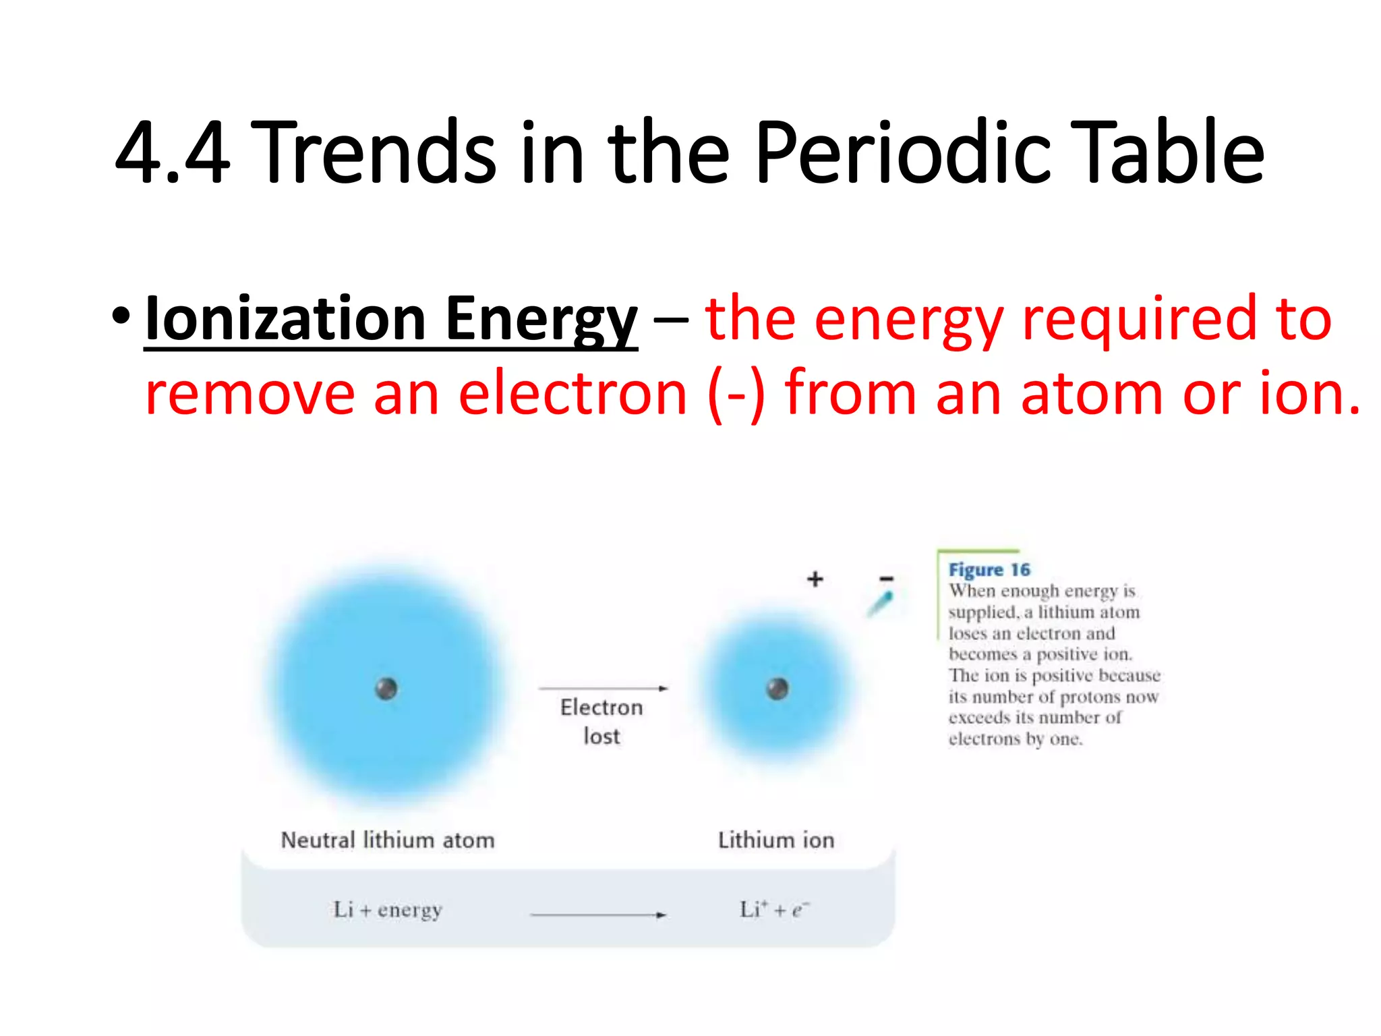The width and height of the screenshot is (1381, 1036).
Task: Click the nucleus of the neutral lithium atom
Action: coord(386,689)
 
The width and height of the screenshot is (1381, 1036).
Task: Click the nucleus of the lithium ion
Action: coord(777,689)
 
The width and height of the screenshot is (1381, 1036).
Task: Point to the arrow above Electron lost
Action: coord(603,688)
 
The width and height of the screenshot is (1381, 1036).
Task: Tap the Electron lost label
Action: coord(601,721)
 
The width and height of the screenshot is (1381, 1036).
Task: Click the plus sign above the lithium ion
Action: coord(815,579)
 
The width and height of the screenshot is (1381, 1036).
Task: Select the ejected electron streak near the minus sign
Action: coord(880,604)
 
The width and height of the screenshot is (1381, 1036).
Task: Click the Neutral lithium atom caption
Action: coord(388,840)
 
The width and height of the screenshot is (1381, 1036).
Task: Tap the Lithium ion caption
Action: coord(776,840)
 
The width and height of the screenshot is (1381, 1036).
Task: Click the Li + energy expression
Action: coord(388,910)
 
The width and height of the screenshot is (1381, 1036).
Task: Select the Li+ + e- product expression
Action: coord(774,910)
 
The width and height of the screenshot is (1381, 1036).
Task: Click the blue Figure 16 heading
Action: coord(989,570)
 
